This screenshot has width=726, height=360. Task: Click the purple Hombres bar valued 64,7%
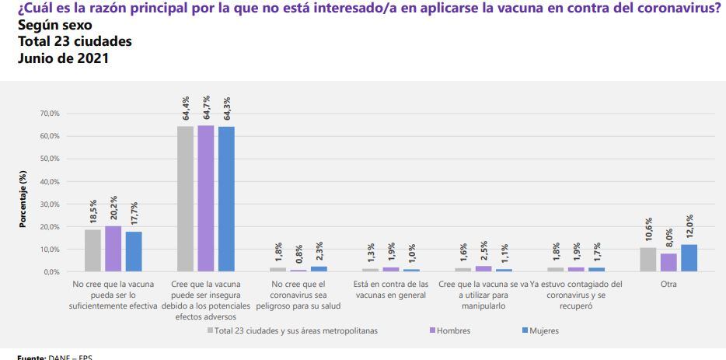point(206,198)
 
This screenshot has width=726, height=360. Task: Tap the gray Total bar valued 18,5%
point(92,250)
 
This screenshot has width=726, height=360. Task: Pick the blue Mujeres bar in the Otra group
point(689,258)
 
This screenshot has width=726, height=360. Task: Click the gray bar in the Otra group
point(647,260)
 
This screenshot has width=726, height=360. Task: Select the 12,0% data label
point(689,226)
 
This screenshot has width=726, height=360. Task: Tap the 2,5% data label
point(483,253)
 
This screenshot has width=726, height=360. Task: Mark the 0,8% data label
point(298,256)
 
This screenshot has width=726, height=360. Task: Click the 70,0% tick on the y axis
point(49,114)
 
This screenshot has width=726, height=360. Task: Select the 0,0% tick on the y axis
point(51,272)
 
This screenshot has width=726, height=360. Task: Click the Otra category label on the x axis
point(668,285)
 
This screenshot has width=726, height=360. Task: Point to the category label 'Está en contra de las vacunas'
point(390,289)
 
